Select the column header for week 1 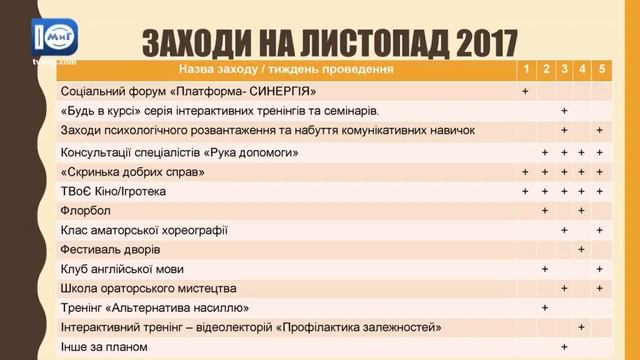[526, 70]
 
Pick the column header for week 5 [600, 70]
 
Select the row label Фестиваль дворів [111, 249]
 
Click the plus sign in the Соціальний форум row [526, 91]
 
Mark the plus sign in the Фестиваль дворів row [581, 249]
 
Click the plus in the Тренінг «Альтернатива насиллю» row [545, 307]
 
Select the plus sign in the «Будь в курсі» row [564, 111]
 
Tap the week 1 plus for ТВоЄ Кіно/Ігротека [526, 190]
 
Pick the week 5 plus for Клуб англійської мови [600, 268]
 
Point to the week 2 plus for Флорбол [545, 210]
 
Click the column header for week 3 [564, 70]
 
